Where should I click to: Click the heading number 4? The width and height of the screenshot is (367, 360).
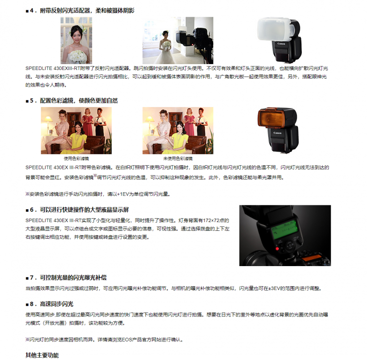coord(32,11)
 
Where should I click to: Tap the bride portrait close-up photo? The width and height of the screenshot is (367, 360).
coord(76,40)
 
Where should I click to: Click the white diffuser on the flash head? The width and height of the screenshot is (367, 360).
coord(275,29)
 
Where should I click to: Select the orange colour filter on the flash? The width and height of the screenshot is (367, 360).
coord(271,118)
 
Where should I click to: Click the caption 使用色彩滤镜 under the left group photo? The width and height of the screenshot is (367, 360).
coord(76,158)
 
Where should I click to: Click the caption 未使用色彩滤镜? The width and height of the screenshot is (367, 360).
coord(178,158)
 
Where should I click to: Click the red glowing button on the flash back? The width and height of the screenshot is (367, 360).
coord(277,248)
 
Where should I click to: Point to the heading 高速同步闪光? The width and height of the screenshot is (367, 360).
coord(56,304)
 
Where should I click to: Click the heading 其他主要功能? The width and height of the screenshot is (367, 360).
coord(42,355)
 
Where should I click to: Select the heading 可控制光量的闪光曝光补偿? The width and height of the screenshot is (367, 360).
coord(73,278)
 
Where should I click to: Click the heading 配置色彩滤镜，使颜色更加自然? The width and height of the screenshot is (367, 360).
coord(79,101)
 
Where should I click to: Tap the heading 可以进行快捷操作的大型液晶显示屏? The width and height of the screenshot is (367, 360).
coord(84,210)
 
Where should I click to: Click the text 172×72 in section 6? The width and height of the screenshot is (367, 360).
coord(210,220)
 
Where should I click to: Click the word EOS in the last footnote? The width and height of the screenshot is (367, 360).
coord(127,339)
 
